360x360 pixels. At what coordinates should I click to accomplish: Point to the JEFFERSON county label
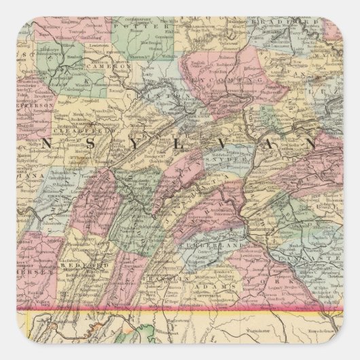pyautogui.click(x=20, y=107)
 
